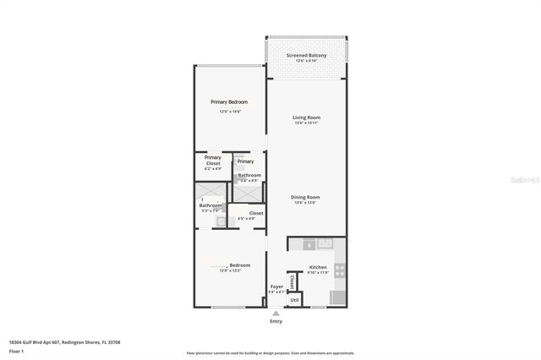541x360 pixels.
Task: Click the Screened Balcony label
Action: pos(306,54)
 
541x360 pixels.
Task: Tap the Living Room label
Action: pos(306,117)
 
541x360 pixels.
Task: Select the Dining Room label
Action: pos(306,197)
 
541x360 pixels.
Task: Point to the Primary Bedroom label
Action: pos(229,101)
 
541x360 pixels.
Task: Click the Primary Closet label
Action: pos(213,160)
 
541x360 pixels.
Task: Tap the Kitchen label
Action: pos(318,267)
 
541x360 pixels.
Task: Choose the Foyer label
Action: pos(276,286)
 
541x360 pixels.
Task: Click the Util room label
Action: pos(295,299)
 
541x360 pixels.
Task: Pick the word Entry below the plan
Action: pos(276,322)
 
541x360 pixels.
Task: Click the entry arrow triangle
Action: pos(276,312)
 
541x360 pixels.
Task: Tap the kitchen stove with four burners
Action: pos(340,271)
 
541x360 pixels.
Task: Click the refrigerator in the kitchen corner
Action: pos(337,297)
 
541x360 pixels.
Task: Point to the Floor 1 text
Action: pos(16,350)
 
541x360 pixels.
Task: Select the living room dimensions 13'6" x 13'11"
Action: pos(306,124)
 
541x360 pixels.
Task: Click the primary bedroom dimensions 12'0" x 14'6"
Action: pos(229,111)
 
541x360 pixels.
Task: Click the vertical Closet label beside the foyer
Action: pos(292,281)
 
